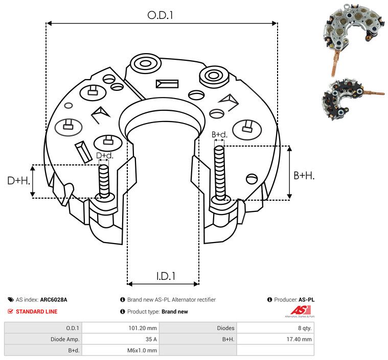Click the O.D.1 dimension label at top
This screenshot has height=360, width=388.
coord(161,15)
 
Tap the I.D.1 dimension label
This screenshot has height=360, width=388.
coord(166,276)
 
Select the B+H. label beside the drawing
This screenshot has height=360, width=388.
coord(304,175)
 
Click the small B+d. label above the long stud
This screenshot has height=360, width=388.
coord(219,135)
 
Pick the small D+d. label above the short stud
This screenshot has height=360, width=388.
coord(104,155)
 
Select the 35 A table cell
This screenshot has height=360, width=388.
coord(151,339)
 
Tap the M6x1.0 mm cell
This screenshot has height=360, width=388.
coord(142,350)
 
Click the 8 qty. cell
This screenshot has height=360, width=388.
coord(303,328)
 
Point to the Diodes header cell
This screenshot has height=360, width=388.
coord(225,328)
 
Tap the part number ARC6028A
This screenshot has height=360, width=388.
coord(53,300)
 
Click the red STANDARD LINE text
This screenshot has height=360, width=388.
coord(36,311)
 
